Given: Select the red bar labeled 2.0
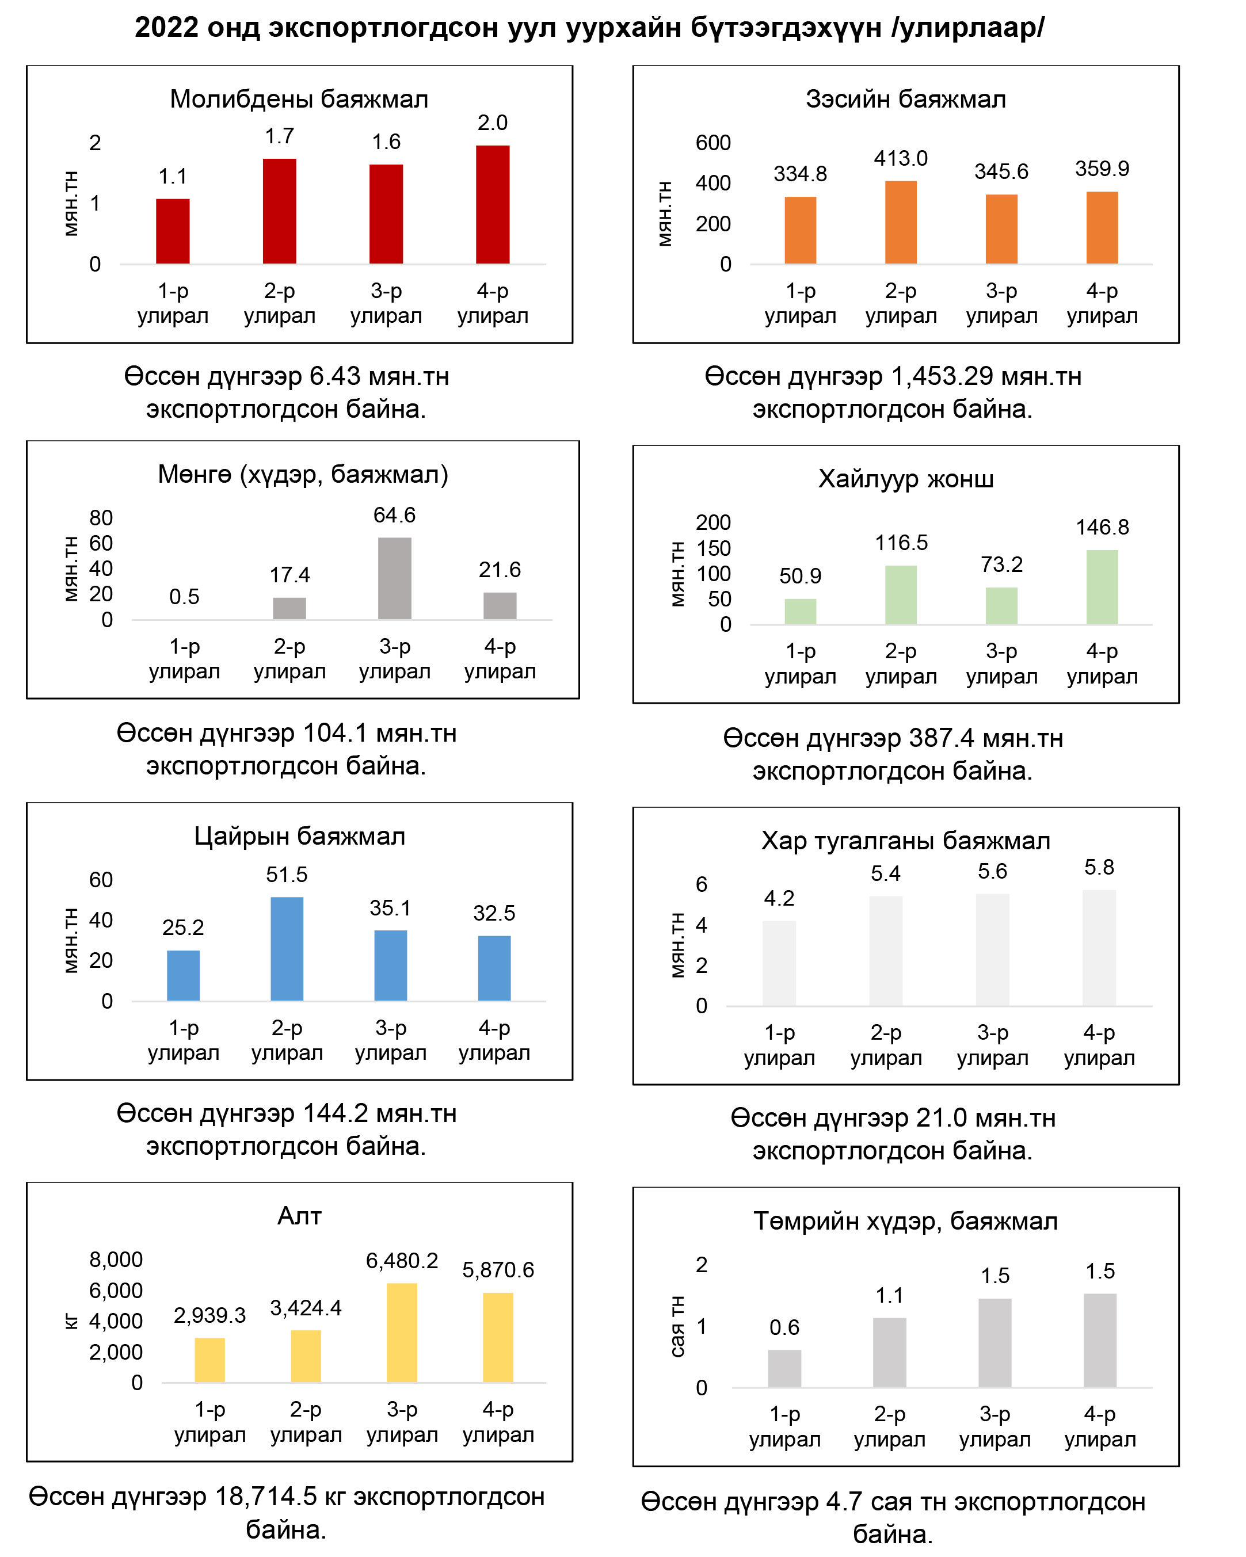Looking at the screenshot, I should pyautogui.click(x=492, y=204).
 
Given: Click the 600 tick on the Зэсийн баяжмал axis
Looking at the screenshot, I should pyautogui.click(x=712, y=143).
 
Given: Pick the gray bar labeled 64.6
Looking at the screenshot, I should pyautogui.click(x=394, y=578).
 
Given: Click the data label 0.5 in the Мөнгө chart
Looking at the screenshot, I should pyautogui.click(x=184, y=597).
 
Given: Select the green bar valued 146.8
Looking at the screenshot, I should pyautogui.click(x=1102, y=586).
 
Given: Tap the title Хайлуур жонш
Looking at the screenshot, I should pyautogui.click(x=905, y=479).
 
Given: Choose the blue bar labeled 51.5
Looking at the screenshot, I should pyautogui.click(x=287, y=948).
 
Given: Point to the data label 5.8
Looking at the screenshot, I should pyautogui.click(x=1098, y=867).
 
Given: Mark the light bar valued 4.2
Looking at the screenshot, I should pyautogui.click(x=779, y=963).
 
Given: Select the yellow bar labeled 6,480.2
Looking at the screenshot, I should pyautogui.click(x=402, y=1333).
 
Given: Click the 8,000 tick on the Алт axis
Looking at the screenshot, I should pyautogui.click(x=116, y=1260).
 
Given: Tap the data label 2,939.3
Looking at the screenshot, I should pyautogui.click(x=209, y=1315).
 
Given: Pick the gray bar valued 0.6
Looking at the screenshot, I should pyautogui.click(x=784, y=1368).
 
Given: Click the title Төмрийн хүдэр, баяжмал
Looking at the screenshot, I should pyautogui.click(x=905, y=1221).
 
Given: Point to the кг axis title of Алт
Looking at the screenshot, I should pyautogui.click(x=71, y=1321).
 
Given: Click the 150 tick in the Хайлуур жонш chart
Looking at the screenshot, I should pyautogui.click(x=713, y=548).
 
